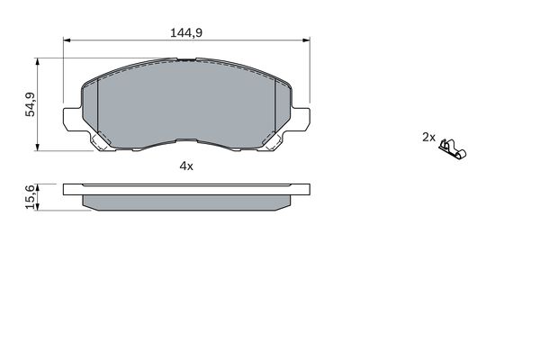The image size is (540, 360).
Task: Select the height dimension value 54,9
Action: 29,104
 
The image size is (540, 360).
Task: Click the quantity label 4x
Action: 186,166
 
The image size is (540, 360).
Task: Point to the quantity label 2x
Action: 428,138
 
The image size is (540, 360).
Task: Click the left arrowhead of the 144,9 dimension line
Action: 67,40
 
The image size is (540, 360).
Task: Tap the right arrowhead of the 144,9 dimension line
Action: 306,40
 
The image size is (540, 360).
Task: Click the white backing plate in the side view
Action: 186,190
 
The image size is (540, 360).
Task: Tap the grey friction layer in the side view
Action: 186,203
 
